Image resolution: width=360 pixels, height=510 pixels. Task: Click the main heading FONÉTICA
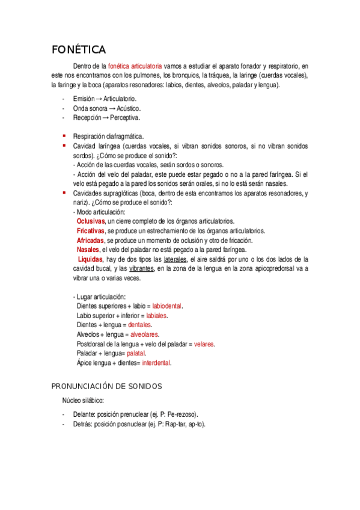pyautogui.click(x=79, y=49)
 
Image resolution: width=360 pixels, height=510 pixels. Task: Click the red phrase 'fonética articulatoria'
pyautogui.click(x=135, y=66)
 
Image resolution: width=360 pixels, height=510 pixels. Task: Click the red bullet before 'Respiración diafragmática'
pyautogui.click(x=64, y=135)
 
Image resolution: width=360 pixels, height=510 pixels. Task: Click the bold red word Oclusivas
pyautogui.click(x=91, y=222)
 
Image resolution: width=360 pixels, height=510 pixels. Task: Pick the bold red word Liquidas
pyautogui.click(x=91, y=259)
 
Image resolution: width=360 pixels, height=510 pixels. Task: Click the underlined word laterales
pyautogui.click(x=173, y=259)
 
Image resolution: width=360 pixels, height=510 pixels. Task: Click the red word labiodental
pyautogui.click(x=167, y=306)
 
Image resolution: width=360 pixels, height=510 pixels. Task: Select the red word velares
pyautogui.click(x=204, y=344)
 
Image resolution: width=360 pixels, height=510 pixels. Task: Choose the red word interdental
pyautogui.click(x=156, y=363)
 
